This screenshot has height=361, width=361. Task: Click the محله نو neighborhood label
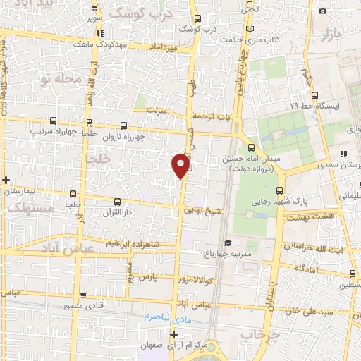tap(63, 79)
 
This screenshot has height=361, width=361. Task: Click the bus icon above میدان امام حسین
tap(252, 147)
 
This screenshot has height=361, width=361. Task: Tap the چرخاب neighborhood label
tap(259, 333)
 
